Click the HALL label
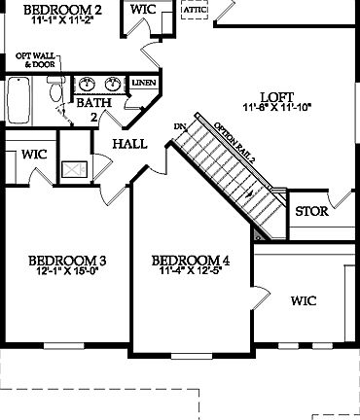pyautogui.click(x=129, y=144)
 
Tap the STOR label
pyautogui.click(x=311, y=209)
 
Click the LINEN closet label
pyautogui.click(x=143, y=83)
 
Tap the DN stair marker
pyautogui.click(x=180, y=126)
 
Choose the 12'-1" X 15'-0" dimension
pyautogui.click(x=67, y=272)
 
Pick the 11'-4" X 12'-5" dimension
pyautogui.click(x=191, y=272)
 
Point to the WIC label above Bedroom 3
pyautogui.click(x=35, y=155)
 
